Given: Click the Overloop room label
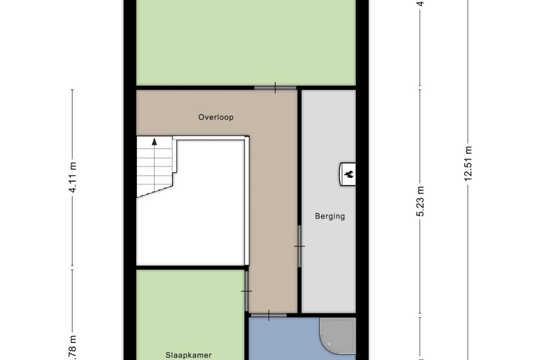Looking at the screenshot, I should point(216,117).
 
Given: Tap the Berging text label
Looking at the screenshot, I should point(330,217).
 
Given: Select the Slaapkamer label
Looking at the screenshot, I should point(189,355).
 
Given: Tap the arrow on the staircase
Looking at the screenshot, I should point(154,142).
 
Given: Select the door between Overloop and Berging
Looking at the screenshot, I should point(299,246).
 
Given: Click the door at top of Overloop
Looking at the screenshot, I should point(275,88).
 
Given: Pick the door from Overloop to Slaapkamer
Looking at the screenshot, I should point(246,291).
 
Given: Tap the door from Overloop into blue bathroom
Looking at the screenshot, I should point(269,315).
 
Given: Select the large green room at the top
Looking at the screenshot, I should point(246,42).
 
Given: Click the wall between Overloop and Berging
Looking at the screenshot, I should point(299,177).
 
